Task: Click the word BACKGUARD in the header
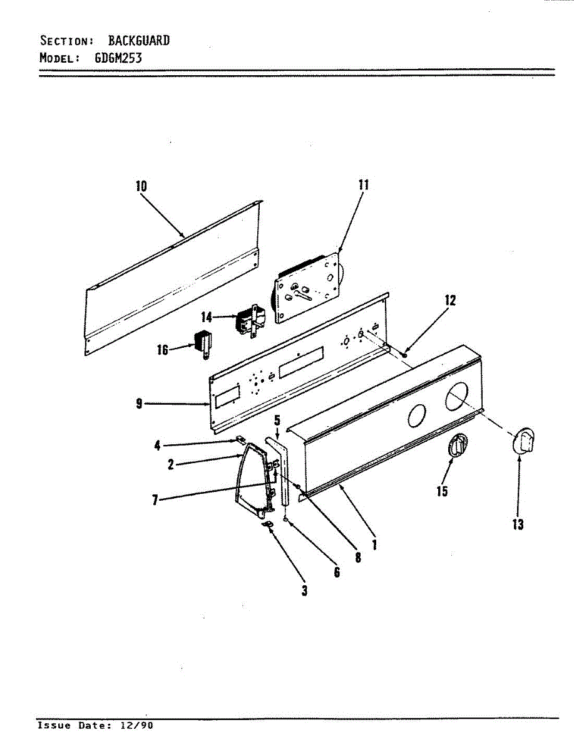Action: (138, 41)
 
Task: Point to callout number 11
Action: (363, 184)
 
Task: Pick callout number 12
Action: (450, 300)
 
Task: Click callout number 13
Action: (518, 525)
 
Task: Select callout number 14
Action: (207, 317)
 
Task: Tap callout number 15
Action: (442, 491)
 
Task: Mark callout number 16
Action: (163, 350)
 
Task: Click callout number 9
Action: (139, 404)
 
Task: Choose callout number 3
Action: (304, 590)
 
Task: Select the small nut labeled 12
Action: (406, 355)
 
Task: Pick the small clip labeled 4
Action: (240, 439)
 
